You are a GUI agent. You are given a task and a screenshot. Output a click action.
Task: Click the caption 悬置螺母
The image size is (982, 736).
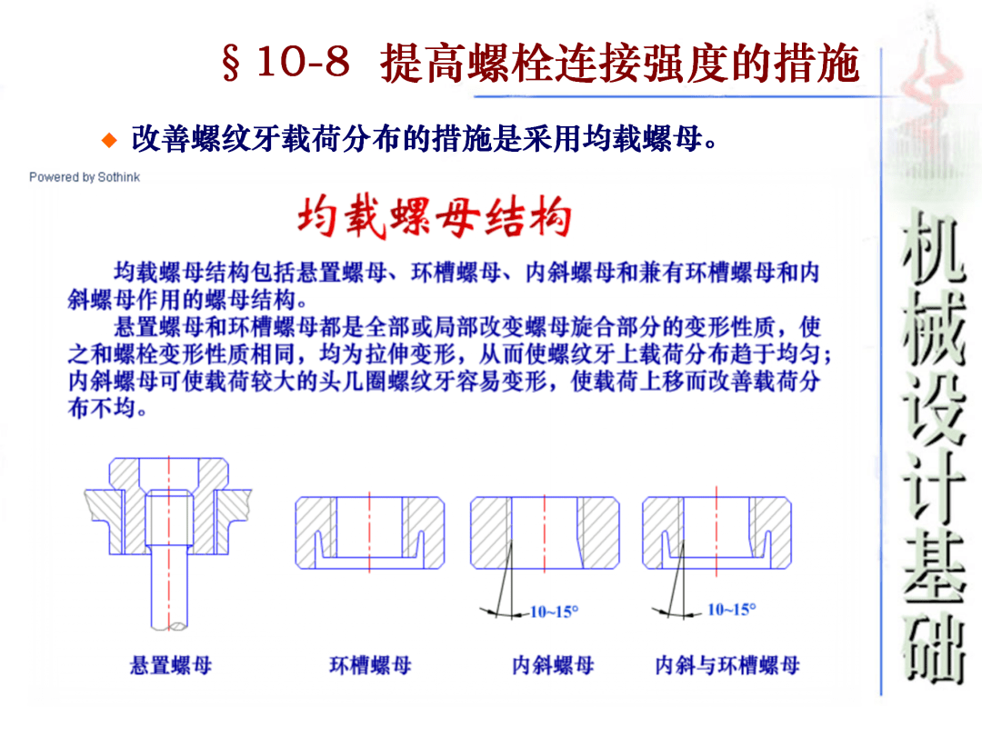pyautogui.click(x=171, y=665)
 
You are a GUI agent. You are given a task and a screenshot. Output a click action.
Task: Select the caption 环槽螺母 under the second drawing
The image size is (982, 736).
pyautogui.click(x=371, y=665)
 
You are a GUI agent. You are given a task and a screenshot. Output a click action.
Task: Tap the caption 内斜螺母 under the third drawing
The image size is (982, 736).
pyautogui.click(x=553, y=665)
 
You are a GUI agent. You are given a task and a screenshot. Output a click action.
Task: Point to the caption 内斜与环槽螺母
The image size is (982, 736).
pyautogui.click(x=727, y=665)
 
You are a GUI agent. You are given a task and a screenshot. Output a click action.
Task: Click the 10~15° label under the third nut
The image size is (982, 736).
pyautogui.click(x=555, y=612)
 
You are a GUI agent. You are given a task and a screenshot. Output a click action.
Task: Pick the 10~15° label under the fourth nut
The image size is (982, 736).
pyautogui.click(x=731, y=609)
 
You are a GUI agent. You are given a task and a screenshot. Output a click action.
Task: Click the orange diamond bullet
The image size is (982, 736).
pyautogui.click(x=109, y=140)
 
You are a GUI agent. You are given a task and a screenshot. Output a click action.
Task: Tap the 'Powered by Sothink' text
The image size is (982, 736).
pyautogui.click(x=85, y=177)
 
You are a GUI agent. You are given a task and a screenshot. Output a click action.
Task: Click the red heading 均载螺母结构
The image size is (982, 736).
pyautogui.click(x=434, y=217)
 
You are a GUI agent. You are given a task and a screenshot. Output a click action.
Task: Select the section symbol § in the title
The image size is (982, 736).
pyautogui.click(x=231, y=64)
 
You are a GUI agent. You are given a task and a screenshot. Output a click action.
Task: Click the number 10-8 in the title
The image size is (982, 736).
pyautogui.click(x=303, y=63)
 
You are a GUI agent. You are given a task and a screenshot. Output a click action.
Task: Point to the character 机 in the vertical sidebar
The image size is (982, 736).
pyautogui.click(x=934, y=246)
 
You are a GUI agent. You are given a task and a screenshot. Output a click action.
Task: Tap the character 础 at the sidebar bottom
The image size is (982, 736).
pyautogui.click(x=934, y=648)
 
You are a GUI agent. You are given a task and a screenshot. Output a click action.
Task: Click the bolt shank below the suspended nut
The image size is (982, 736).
pyautogui.click(x=169, y=588)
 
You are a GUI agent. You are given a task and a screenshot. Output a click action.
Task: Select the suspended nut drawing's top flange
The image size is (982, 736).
pyautogui.click(x=169, y=472)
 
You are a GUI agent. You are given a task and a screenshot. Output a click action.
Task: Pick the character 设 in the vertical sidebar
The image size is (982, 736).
pyautogui.click(x=934, y=407)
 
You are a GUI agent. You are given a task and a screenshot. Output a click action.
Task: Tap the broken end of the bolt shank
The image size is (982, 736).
pyautogui.click(x=169, y=626)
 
